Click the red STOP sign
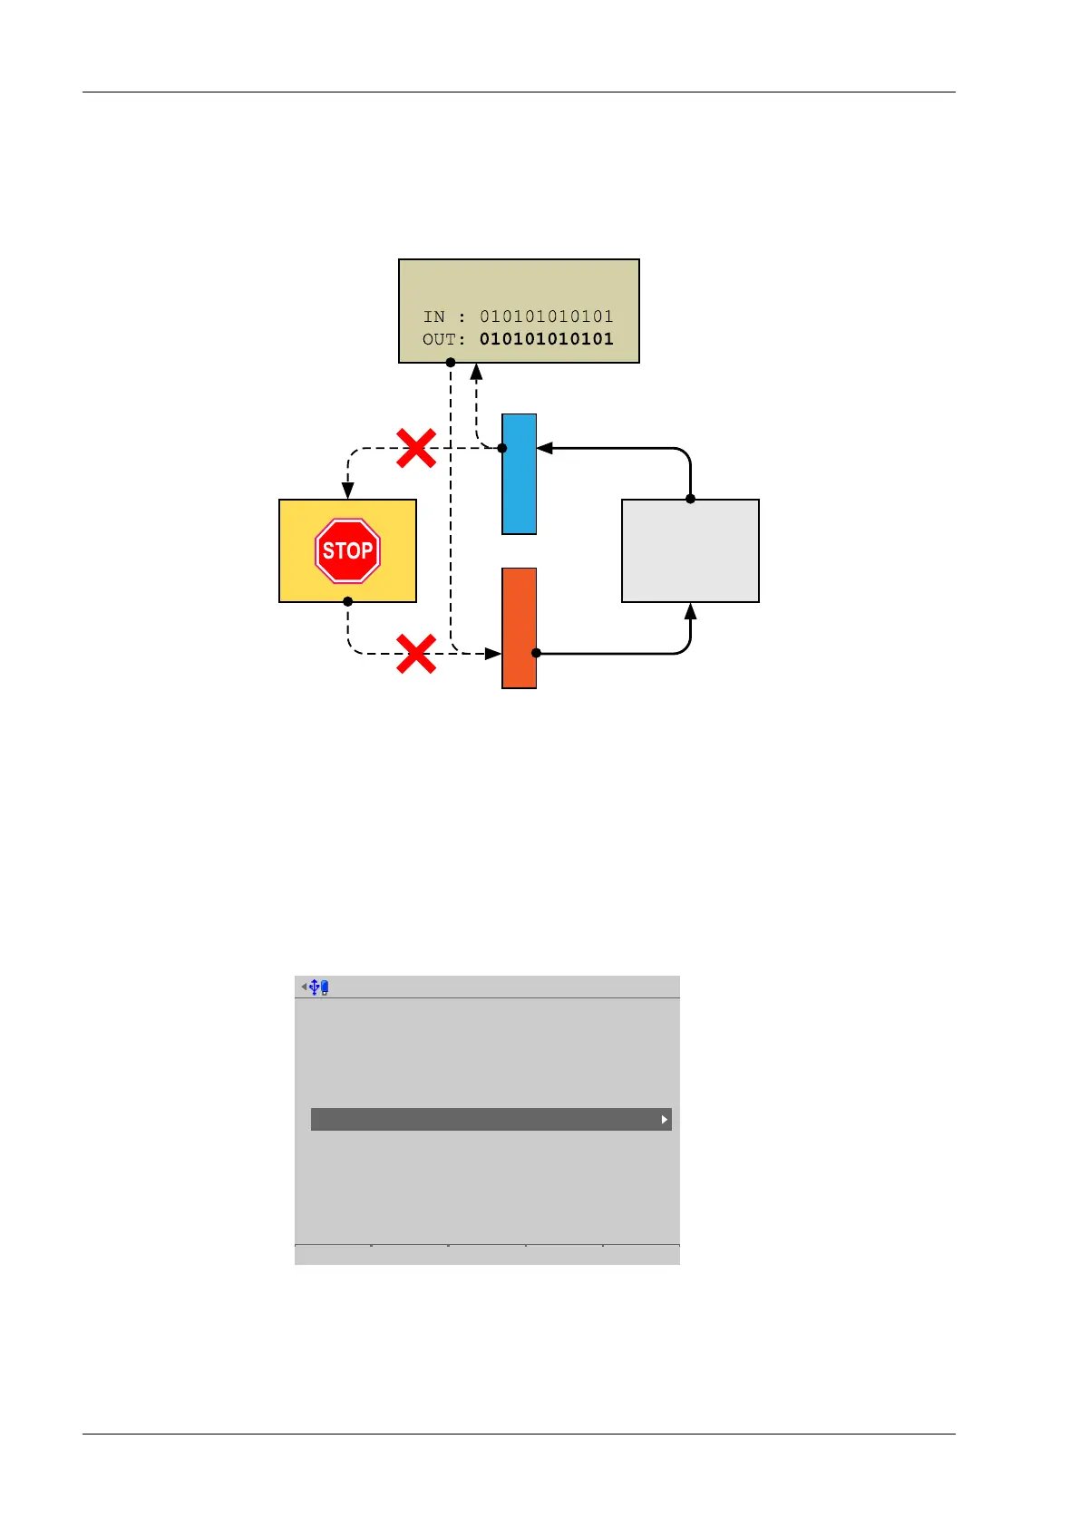347,550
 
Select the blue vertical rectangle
519,474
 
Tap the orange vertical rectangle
519,628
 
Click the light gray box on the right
690,550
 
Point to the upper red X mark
416,448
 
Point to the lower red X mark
416,653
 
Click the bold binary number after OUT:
546,339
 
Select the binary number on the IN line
546,316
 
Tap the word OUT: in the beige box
443,339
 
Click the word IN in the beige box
434,316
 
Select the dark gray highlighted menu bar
491,1119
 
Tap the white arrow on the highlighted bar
665,1120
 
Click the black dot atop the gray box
690,499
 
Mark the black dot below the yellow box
347,601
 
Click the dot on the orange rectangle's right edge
536,653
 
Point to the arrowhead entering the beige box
476,371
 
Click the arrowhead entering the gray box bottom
690,611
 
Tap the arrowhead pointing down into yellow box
347,491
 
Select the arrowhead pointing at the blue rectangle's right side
545,448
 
